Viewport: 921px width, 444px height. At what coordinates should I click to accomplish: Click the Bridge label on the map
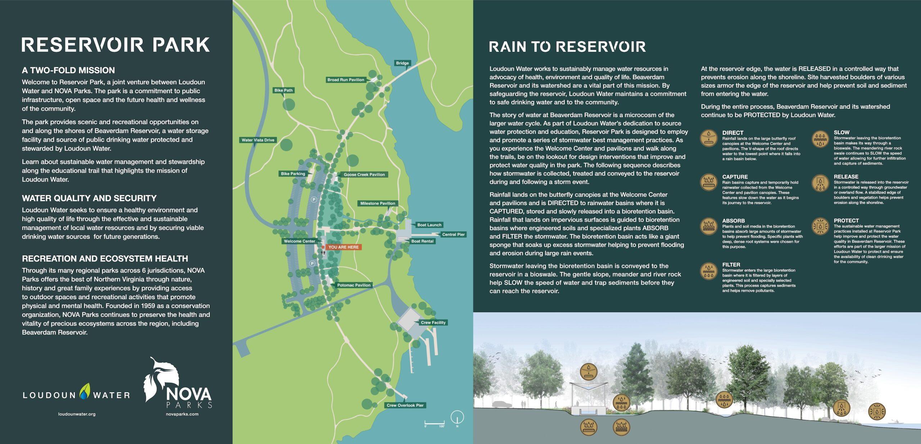(x=402, y=63)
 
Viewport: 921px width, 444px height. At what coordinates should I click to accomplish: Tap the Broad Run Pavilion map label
(x=345, y=80)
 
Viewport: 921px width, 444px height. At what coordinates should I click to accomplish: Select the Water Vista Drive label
(x=258, y=140)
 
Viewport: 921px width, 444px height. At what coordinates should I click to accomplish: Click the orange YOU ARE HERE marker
(x=343, y=247)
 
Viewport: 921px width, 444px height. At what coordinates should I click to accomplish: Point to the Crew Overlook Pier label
(x=405, y=406)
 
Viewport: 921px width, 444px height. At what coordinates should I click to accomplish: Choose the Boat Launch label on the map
(x=429, y=225)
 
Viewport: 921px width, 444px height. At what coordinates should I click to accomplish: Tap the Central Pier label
(x=453, y=235)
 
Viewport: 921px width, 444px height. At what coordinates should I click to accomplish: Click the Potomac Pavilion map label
(x=354, y=285)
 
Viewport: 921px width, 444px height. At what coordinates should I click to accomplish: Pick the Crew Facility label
(x=433, y=323)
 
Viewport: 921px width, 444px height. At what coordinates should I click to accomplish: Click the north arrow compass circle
(x=457, y=417)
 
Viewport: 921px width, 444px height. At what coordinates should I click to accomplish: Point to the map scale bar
(x=434, y=423)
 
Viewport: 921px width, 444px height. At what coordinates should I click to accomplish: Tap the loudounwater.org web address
(x=77, y=414)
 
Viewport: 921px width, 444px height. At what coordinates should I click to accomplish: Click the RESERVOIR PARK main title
(x=115, y=45)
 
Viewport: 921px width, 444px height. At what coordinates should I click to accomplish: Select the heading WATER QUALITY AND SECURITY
(x=89, y=198)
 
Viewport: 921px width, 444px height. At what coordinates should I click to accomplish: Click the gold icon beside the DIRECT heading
(x=709, y=138)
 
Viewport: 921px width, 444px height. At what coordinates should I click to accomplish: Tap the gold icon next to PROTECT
(x=820, y=226)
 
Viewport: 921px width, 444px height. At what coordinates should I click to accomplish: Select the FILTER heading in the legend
(x=731, y=265)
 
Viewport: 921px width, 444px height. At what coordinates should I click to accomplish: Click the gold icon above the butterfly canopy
(x=589, y=371)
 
